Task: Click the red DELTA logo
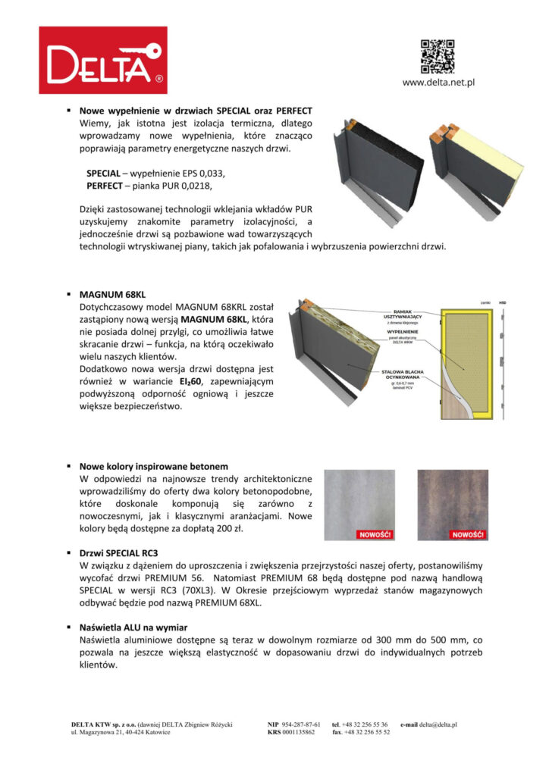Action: click(103, 60)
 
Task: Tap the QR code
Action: click(438, 55)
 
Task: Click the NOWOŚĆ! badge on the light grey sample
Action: click(374, 534)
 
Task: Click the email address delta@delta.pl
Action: click(434, 724)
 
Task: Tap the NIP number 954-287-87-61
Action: click(302, 724)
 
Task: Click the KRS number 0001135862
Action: click(298, 733)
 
